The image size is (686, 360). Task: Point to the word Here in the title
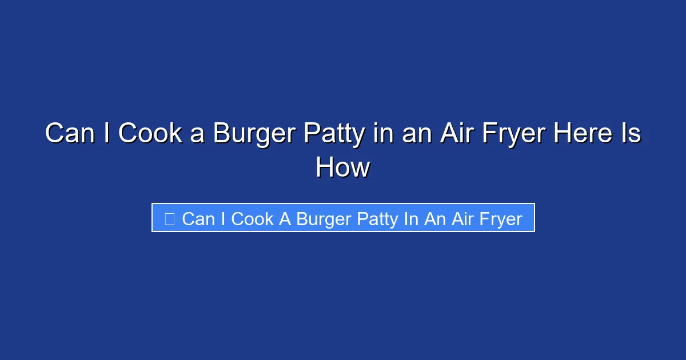point(577,134)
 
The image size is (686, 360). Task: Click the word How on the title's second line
point(342,168)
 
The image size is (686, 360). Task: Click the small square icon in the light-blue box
point(169,218)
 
